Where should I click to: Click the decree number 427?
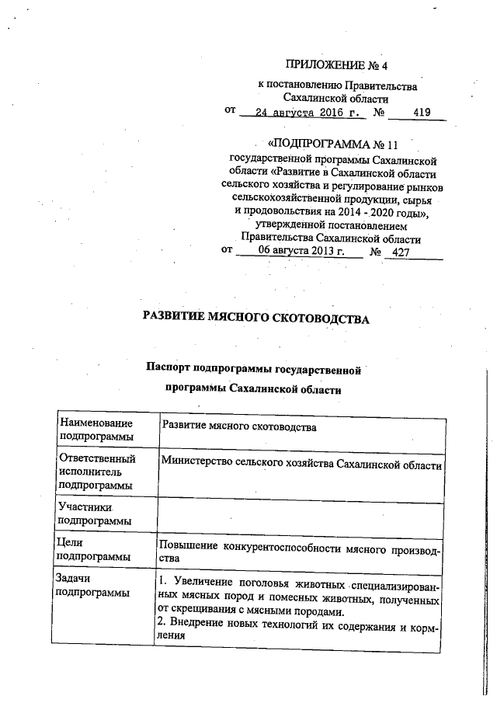click(x=401, y=252)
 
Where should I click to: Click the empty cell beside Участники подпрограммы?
click(x=301, y=513)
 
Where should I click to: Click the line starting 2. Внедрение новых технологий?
click(x=299, y=627)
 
